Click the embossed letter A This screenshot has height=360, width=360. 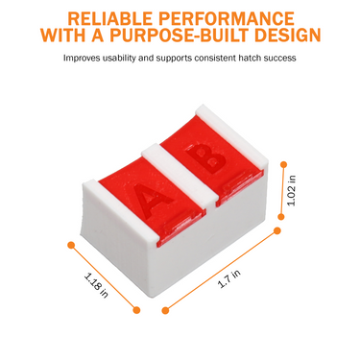pyautogui.click(x=153, y=200)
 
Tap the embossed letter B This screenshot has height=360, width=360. pyautogui.click(x=205, y=158)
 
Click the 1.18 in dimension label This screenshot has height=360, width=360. pyautogui.click(x=96, y=285)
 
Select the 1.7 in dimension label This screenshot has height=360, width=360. pyautogui.click(x=229, y=278)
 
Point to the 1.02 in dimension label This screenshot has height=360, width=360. pyautogui.click(x=292, y=191)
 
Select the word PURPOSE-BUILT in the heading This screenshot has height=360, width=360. pyautogui.click(x=180, y=36)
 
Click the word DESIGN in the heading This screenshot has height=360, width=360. pyautogui.click(x=288, y=36)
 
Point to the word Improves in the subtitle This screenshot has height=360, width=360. pyautogui.click(x=82, y=59)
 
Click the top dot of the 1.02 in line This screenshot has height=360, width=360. pyautogui.click(x=283, y=164)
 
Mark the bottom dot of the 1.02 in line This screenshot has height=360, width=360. pyautogui.click(x=281, y=217)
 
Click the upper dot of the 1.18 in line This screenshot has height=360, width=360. pyautogui.click(x=71, y=245)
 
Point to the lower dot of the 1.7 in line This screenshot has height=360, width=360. pyautogui.click(x=165, y=310)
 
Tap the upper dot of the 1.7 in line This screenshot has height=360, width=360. pyautogui.click(x=277, y=230)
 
